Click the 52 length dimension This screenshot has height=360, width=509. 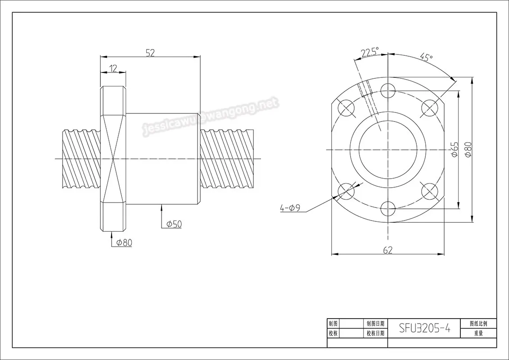coord(150,53)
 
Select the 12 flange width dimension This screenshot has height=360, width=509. coord(113,68)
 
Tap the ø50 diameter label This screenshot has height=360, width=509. coord(174,224)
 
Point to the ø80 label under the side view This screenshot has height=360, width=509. coord(124,243)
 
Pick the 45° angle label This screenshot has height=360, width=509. coord(426,58)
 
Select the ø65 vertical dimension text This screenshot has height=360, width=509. coord(454,149)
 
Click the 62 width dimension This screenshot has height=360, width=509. coord(387,250)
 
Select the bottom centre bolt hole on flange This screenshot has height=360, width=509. coord(388,209)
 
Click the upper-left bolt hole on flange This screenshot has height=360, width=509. coord(346,108)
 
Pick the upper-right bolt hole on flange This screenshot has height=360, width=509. coord(430,108)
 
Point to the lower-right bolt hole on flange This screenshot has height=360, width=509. coord(430,191)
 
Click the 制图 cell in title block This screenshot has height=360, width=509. coord(333,323)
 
